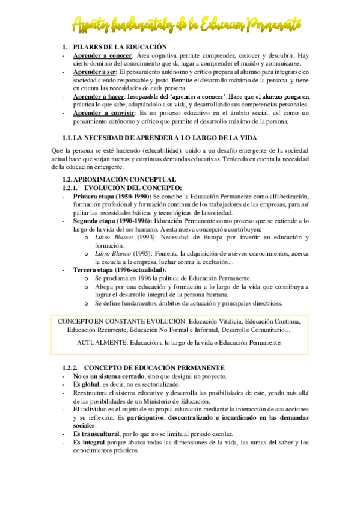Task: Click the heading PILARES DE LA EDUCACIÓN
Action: click(120, 46)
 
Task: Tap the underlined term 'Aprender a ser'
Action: click(96, 72)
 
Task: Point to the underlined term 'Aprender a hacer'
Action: click(99, 96)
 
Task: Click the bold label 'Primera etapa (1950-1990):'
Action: click(112, 196)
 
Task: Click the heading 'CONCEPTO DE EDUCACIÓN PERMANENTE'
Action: click(154, 367)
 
